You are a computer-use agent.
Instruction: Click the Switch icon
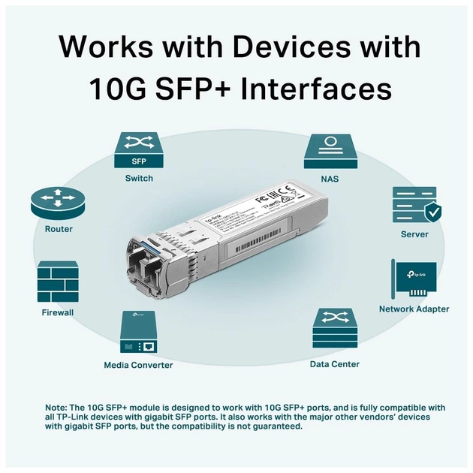click(x=139, y=149)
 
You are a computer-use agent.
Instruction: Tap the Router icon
click(x=59, y=203)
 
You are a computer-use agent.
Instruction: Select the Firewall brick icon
click(x=58, y=282)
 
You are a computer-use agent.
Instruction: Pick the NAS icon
click(x=330, y=149)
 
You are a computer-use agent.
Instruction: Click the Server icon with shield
click(x=414, y=205)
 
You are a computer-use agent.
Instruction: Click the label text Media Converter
click(x=138, y=365)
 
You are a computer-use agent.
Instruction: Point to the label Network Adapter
click(x=414, y=309)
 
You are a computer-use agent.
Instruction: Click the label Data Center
click(x=334, y=364)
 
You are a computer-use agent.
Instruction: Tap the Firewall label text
click(x=58, y=312)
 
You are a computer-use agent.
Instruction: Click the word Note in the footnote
click(x=56, y=407)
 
